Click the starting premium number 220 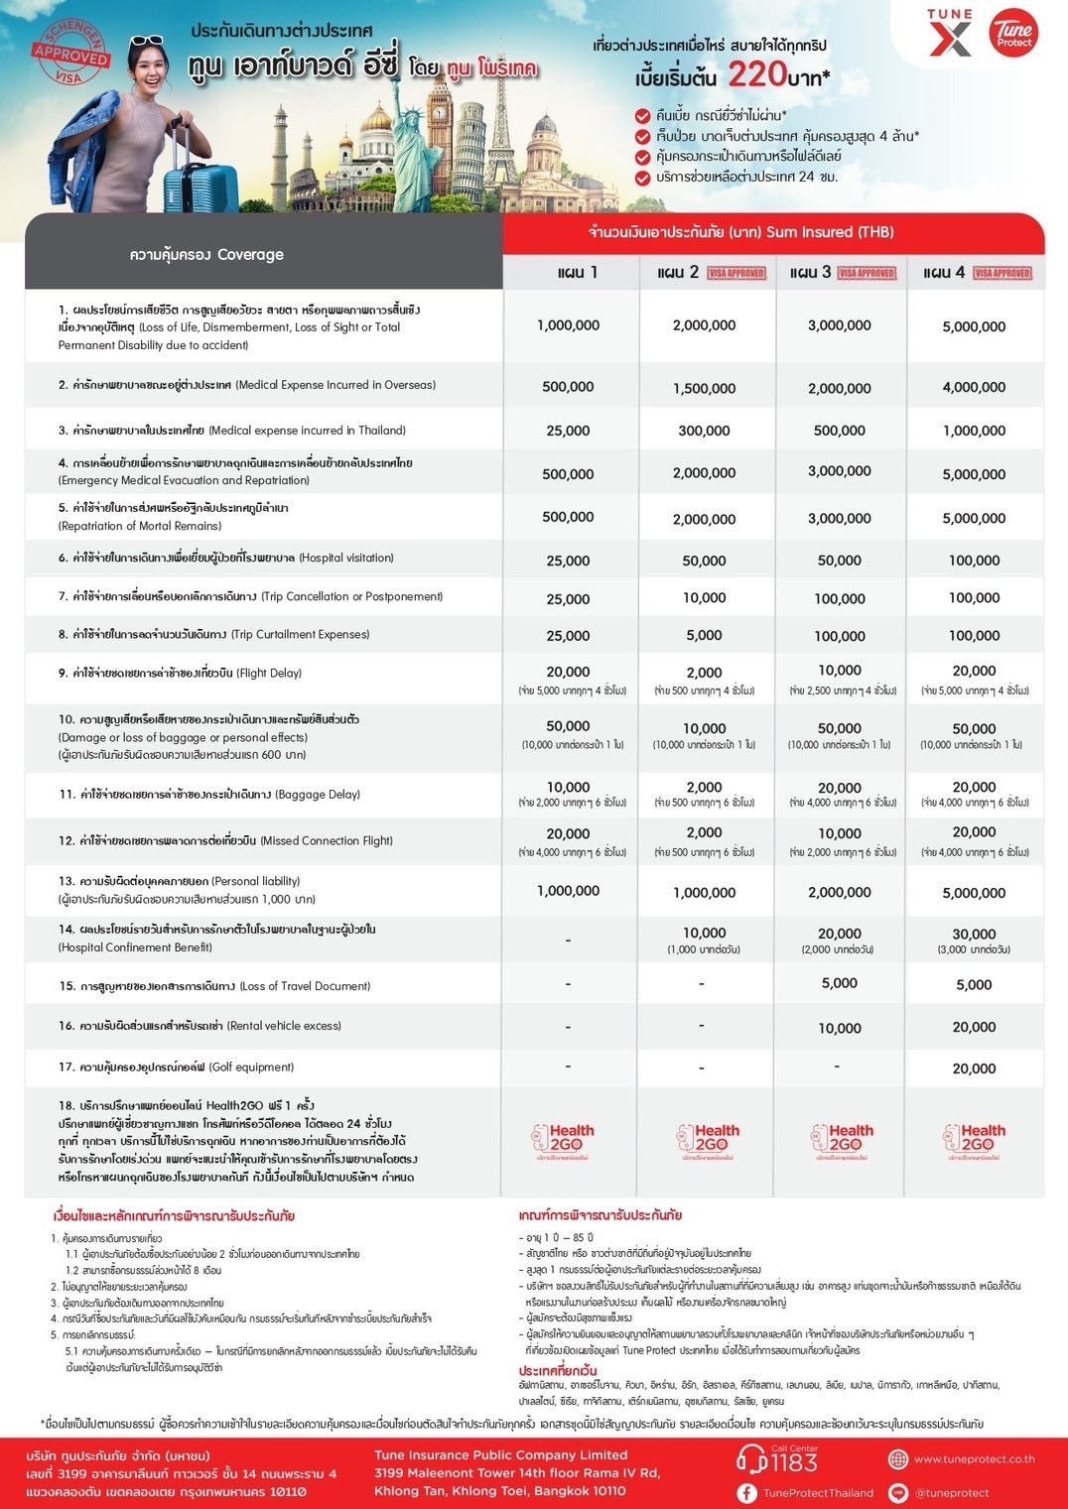coord(756,74)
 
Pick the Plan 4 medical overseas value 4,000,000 coord(974,387)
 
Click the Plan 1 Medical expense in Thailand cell coord(568,431)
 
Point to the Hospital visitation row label coord(226,559)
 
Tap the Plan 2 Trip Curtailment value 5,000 coord(704,635)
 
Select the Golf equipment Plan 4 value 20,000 coord(974,1069)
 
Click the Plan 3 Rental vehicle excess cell coord(839,1028)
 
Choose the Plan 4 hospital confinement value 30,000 coord(974,934)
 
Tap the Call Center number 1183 coord(793,1462)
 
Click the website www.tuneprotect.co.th coord(974,1459)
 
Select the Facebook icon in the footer coord(747,1492)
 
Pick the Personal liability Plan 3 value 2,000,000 coord(839,892)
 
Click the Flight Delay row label coord(180,674)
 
